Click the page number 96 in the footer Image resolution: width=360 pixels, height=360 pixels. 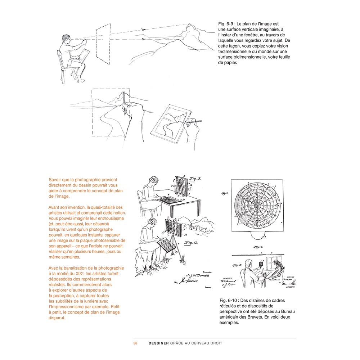pyautogui.click(x=135, y=343)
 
